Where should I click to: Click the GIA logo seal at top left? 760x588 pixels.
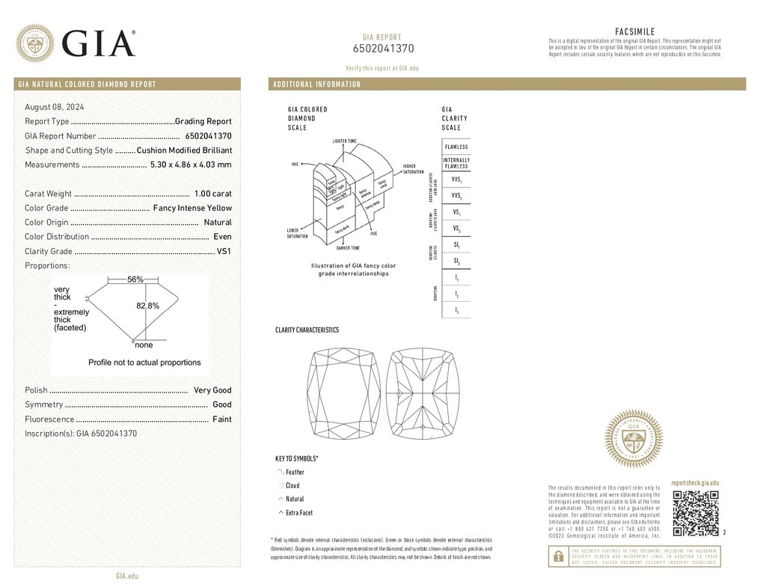(x=35, y=43)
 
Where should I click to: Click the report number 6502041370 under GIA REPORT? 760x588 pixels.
(x=382, y=49)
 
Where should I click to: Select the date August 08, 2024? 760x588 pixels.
(x=55, y=107)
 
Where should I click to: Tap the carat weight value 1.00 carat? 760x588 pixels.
(x=212, y=194)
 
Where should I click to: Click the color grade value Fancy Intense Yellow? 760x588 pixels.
(x=192, y=208)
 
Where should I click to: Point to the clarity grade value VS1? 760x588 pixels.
(x=224, y=252)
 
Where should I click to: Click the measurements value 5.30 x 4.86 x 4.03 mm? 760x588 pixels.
(x=191, y=165)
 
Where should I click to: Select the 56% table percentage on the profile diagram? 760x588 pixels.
(x=135, y=279)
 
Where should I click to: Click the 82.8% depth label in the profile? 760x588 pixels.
(x=147, y=306)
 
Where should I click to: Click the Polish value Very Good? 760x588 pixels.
(x=212, y=390)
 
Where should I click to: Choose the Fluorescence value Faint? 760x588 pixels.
(x=221, y=419)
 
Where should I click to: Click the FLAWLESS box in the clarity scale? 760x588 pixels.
(x=456, y=147)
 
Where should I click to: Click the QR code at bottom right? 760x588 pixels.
(x=695, y=514)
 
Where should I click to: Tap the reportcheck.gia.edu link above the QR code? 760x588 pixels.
(x=695, y=484)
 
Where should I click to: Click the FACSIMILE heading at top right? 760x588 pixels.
(x=634, y=31)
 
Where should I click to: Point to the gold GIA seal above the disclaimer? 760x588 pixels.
(x=634, y=440)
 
